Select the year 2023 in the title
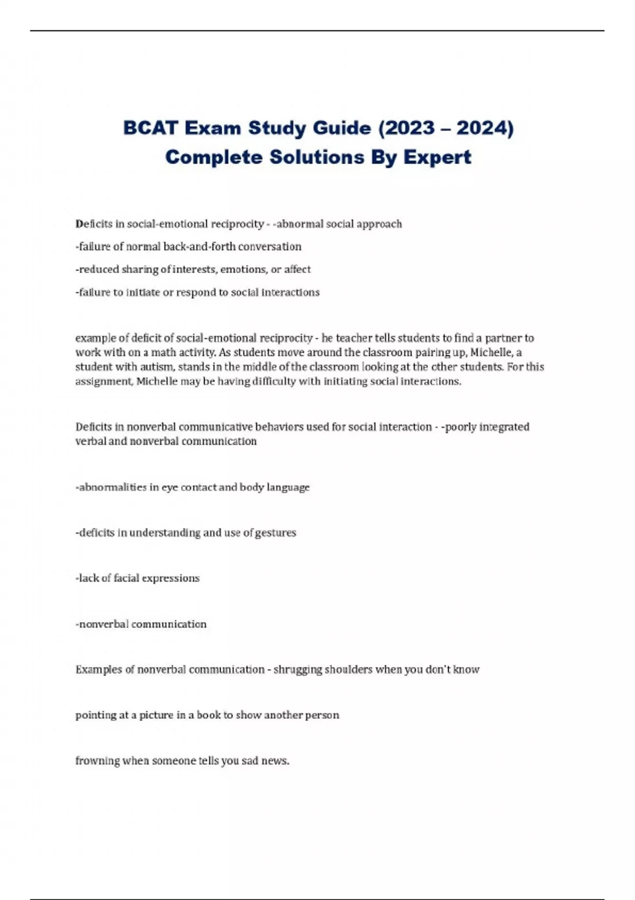tap(407, 128)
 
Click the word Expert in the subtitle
tap(438, 157)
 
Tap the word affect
tap(297, 269)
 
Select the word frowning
tap(97, 761)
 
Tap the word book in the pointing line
tap(208, 715)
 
